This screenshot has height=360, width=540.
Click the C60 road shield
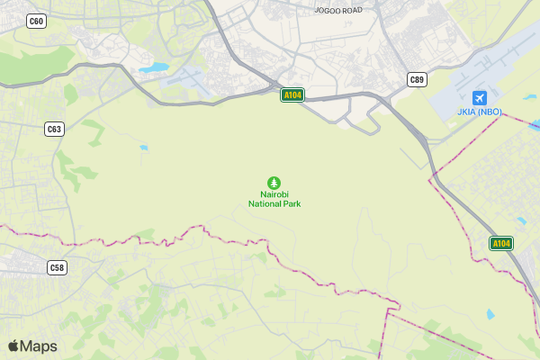[36, 21]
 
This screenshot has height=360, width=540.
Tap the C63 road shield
[55, 129]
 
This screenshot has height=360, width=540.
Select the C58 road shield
[57, 267]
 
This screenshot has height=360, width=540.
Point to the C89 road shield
[416, 79]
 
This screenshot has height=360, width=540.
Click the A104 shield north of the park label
[292, 94]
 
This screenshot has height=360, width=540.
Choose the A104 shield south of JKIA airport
[501, 243]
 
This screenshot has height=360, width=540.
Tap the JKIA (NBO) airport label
[479, 112]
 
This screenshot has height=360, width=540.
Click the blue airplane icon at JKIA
[479, 97]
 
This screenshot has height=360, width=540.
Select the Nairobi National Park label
[274, 199]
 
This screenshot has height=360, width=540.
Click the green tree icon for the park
[274, 183]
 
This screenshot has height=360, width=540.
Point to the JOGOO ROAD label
[338, 11]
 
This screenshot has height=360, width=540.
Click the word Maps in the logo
[39, 346]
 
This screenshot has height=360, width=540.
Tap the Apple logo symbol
[13, 346]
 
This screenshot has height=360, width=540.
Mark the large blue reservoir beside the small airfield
[153, 67]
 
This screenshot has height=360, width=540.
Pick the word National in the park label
[265, 203]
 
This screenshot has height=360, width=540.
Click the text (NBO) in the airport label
[490, 112]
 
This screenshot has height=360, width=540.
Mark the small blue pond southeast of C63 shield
[143, 147]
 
